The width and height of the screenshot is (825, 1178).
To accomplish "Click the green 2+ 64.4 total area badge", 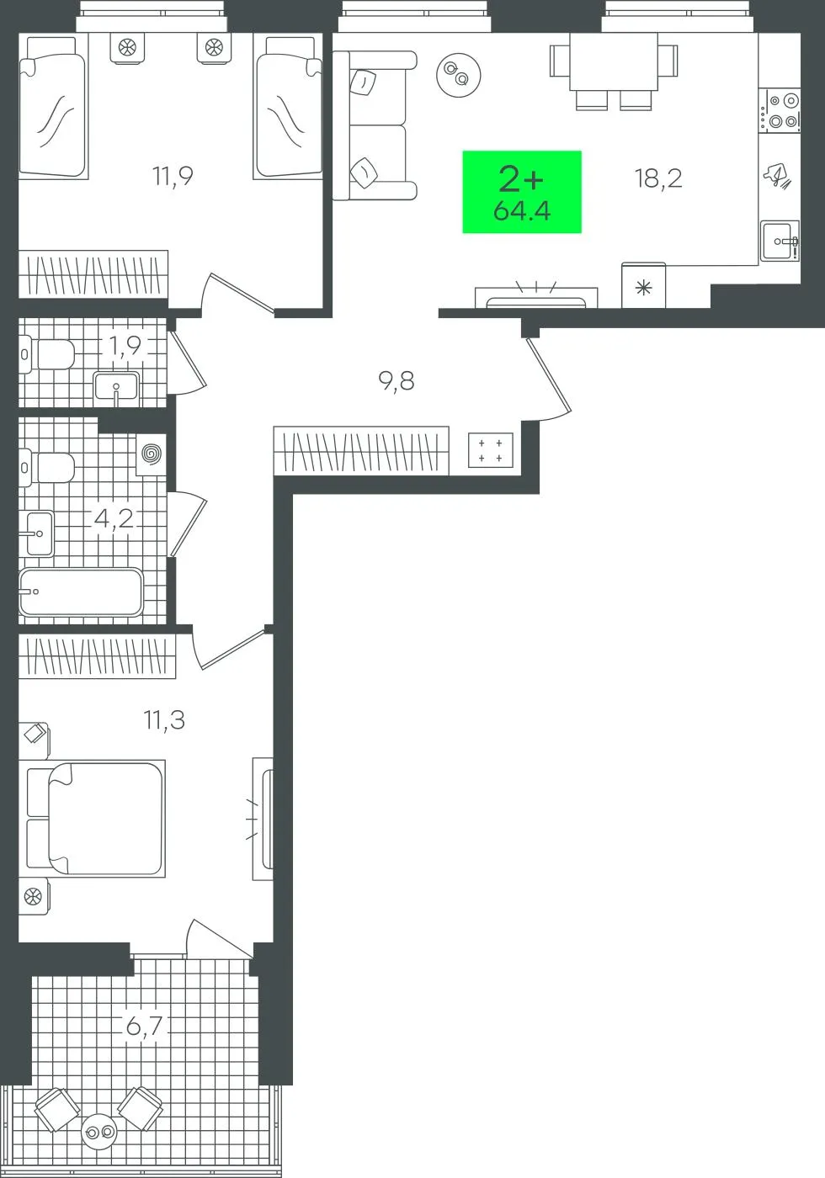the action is coord(522,192).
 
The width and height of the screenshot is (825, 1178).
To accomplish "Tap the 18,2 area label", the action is coord(658,178).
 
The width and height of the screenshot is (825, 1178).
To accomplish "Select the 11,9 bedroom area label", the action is coord(173,176).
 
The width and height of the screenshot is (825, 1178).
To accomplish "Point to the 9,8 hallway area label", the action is coord(397,380).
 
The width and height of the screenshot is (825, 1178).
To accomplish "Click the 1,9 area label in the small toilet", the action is coord(125,346).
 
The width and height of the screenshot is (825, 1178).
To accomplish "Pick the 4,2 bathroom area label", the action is coord(114,518).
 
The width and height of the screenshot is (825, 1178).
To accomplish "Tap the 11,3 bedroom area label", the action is coord(164,720).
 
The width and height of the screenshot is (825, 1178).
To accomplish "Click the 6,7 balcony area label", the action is coord(144,1026).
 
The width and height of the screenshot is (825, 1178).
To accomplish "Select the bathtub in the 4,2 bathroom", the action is coord(81,592).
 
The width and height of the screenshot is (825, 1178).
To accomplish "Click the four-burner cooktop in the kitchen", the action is coord(780,110).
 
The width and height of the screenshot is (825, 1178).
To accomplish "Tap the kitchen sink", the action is coord(780,241).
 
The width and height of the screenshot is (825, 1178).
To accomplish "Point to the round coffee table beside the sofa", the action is coord(458,75).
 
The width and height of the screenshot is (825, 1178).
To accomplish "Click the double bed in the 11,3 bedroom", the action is coord(92,819).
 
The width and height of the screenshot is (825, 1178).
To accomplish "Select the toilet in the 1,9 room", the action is coord(46,354).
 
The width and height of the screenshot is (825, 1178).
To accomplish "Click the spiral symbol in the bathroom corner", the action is coord(152,454).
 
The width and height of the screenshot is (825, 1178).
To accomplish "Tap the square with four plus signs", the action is coord(490,450).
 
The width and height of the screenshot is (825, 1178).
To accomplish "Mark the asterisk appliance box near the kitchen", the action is coord(643,285).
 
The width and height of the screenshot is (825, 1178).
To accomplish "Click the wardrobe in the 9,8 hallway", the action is coord(361,451).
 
